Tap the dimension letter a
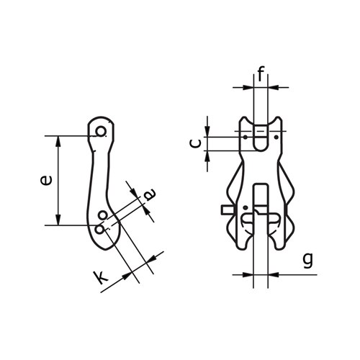[x=149, y=193]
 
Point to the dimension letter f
[x=261, y=73]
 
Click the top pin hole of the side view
[x=102, y=131]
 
